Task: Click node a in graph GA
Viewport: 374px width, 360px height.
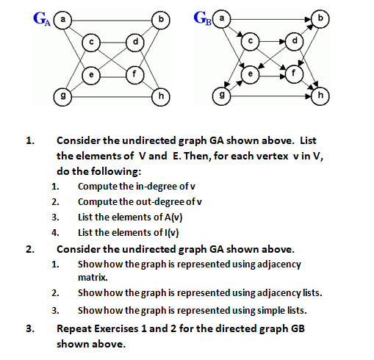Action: [x=64, y=16]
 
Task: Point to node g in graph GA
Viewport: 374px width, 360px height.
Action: [x=65, y=96]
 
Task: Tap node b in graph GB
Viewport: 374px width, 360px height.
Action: [x=320, y=16]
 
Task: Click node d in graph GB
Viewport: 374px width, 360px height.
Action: [x=296, y=41]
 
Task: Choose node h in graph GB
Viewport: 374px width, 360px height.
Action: [x=320, y=96]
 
